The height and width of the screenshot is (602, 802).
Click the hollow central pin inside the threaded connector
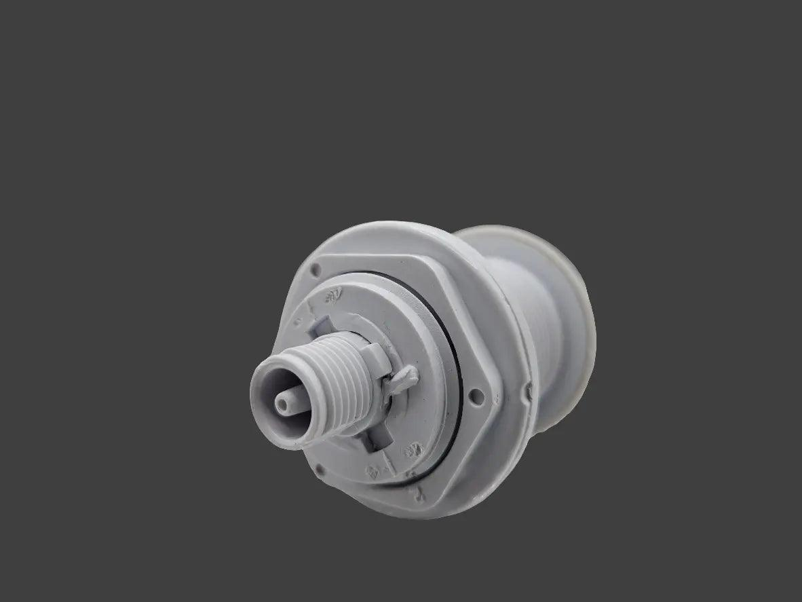coord(282,403)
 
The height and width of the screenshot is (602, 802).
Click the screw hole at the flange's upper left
coord(315,271)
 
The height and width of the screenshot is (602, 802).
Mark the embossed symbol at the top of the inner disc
coord(332,295)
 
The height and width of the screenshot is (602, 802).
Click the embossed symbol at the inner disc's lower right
coord(411,451)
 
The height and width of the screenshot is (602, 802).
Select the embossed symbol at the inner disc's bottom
coord(373,470)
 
